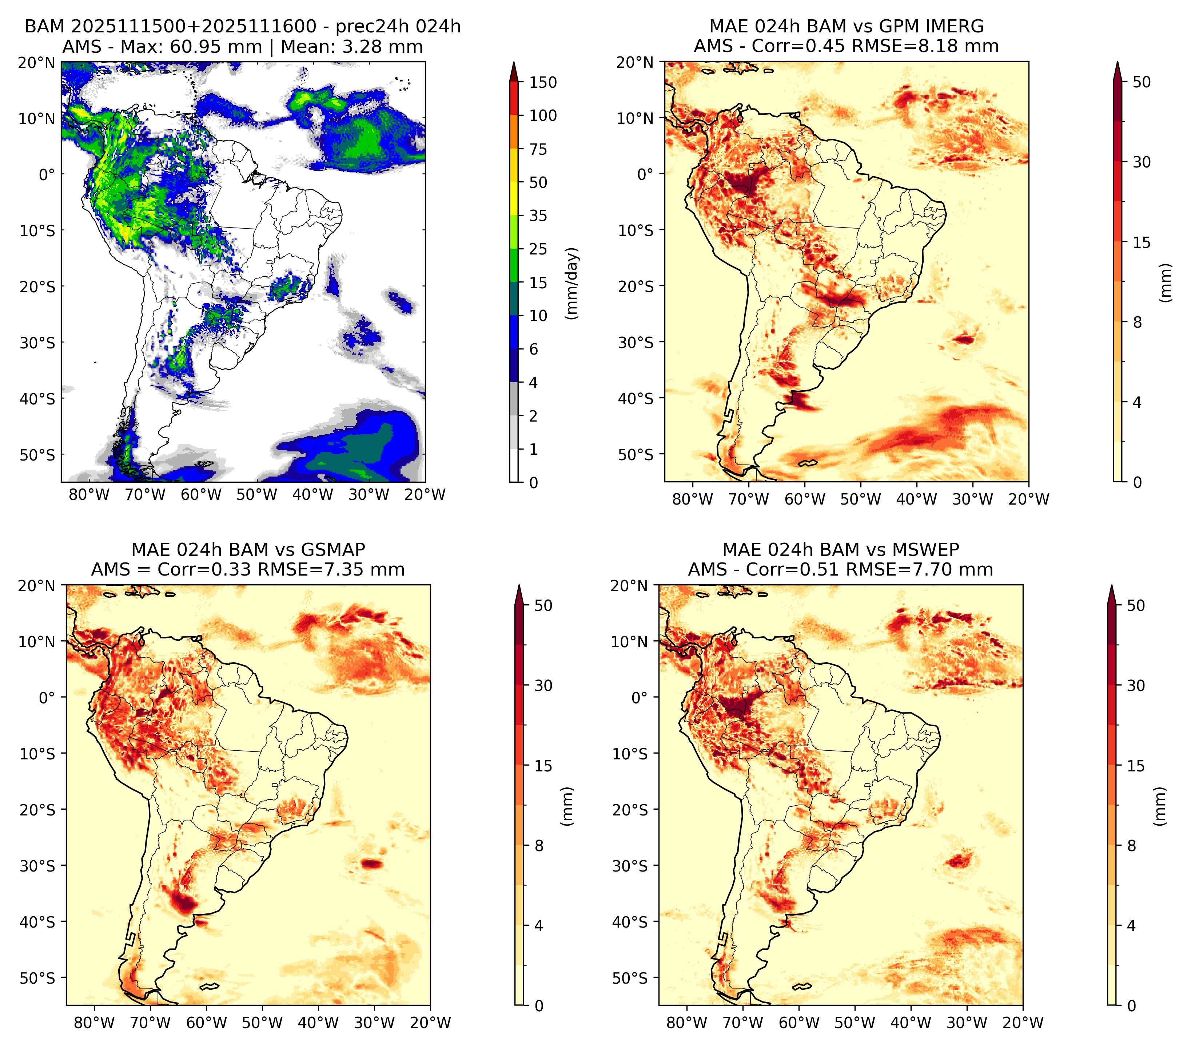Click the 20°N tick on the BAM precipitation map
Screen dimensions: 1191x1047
[37, 62]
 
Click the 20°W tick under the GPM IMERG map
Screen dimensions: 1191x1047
[1028, 499]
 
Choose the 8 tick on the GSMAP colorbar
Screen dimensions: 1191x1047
[539, 846]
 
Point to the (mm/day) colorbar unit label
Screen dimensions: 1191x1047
[573, 283]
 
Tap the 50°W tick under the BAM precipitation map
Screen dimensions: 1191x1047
[257, 494]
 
